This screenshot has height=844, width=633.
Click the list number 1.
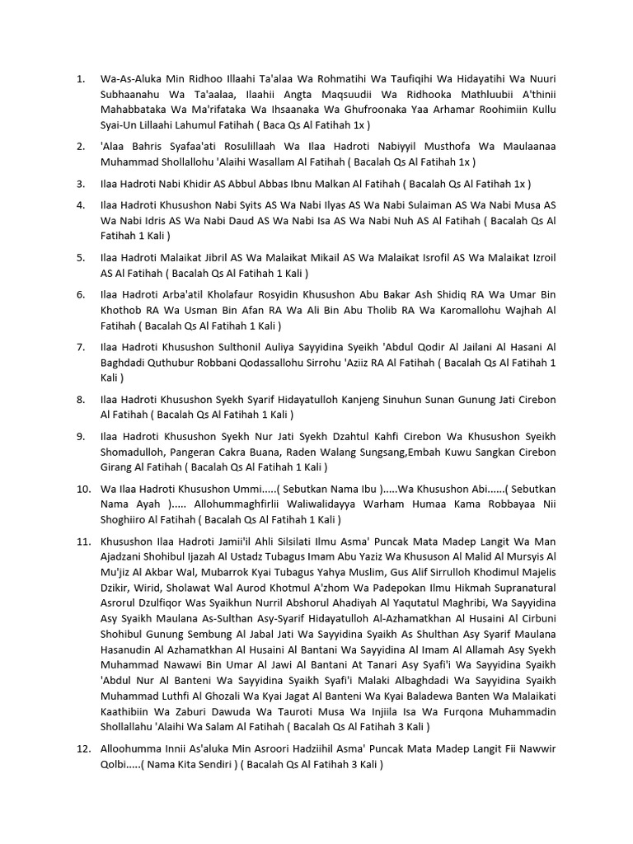pyautogui.click(x=80, y=79)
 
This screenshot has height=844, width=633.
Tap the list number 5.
pyautogui.click(x=80, y=257)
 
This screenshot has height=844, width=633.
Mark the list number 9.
pyautogui.click(x=80, y=436)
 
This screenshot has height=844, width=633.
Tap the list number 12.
pyautogui.click(x=82, y=748)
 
